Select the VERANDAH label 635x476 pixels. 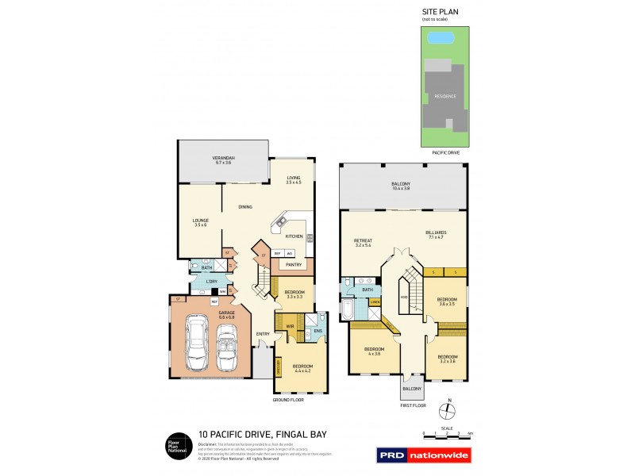point(221,159)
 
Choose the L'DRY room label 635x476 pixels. point(212,282)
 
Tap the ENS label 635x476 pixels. point(317,331)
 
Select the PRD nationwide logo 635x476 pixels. point(423,455)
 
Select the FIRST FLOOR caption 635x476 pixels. point(413,405)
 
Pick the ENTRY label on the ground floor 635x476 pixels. point(263,333)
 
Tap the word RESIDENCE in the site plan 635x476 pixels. point(444,96)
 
